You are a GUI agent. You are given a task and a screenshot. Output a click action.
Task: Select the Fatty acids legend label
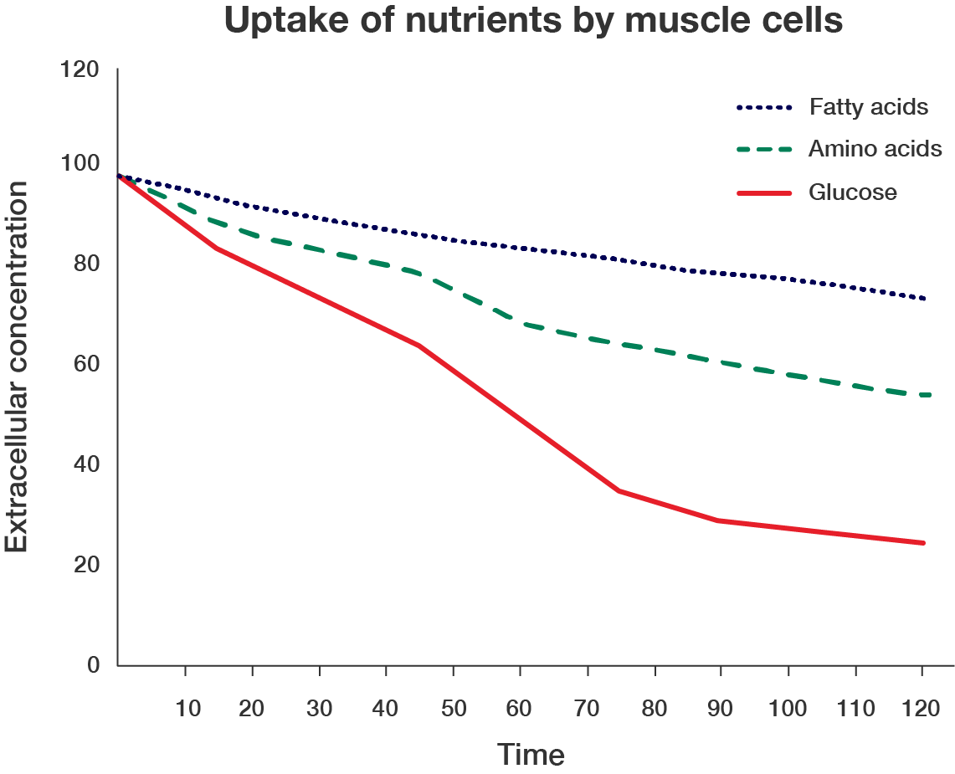869,107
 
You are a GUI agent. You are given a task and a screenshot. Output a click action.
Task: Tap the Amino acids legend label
875,150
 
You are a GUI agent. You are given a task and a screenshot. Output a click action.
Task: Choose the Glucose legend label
852,192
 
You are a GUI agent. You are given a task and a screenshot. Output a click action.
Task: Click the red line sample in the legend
764,193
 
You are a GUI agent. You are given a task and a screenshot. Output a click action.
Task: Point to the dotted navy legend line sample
764,108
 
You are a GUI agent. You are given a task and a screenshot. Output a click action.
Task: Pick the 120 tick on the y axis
81,69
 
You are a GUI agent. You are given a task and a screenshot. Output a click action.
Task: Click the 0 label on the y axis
94,665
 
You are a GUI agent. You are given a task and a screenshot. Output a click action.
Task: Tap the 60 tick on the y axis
87,365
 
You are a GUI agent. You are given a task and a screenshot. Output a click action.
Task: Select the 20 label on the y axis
87,565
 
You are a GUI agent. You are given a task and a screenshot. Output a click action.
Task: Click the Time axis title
531,755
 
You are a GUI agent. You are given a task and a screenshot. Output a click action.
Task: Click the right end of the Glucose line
923,542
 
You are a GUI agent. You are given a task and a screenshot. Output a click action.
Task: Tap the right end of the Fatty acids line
924,299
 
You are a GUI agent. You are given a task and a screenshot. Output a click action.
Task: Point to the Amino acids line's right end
924,395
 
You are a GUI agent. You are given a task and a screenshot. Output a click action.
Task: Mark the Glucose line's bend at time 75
620,491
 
